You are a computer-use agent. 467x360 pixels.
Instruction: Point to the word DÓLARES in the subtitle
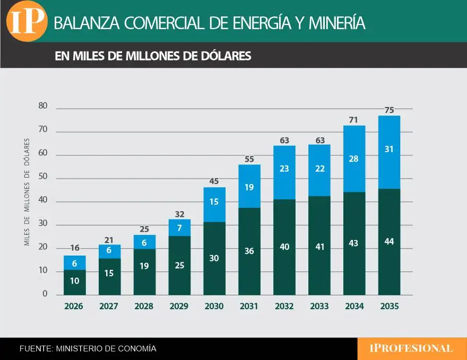[x=226, y=56]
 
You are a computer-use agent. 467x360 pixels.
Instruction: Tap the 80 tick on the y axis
[x=43, y=106]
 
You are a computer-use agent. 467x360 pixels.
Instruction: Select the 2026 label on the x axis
[x=74, y=306]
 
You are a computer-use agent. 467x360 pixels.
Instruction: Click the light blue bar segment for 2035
[x=389, y=152]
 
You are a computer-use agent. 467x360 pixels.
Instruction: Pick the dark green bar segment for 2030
[x=214, y=258]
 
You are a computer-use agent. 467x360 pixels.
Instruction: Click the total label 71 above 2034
[x=354, y=119]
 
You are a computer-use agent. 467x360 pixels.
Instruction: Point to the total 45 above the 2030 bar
[x=214, y=181]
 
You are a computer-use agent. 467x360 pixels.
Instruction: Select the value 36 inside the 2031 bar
[x=249, y=251]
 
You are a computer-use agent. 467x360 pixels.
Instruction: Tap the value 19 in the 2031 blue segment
[x=249, y=187]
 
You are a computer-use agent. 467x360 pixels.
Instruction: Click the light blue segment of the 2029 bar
[x=179, y=227]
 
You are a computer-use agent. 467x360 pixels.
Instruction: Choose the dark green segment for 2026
[x=74, y=282]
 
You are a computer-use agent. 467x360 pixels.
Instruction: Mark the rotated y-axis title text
[x=27, y=192]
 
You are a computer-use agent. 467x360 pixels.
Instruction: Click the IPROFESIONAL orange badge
[x=411, y=348]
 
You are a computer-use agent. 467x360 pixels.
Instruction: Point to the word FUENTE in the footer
[x=35, y=349]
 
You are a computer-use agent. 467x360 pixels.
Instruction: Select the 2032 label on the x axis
[x=284, y=306]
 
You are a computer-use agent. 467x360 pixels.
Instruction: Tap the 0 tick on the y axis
[x=45, y=294]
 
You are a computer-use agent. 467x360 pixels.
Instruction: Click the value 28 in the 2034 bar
[x=354, y=159]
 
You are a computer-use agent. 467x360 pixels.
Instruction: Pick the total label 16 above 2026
[x=74, y=248]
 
